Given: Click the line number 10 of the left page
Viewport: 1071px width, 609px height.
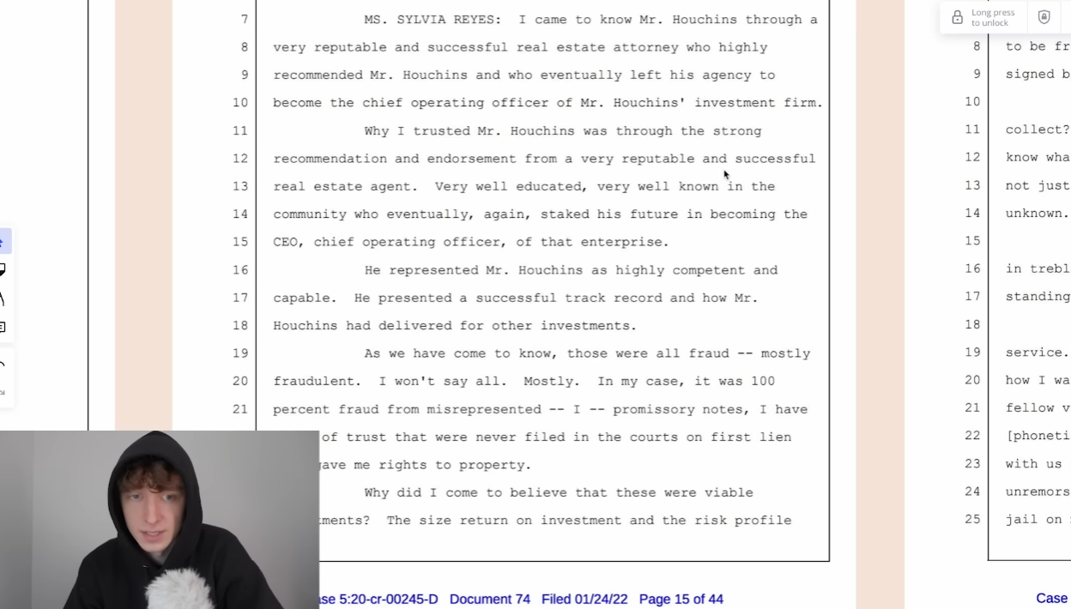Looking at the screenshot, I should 240,103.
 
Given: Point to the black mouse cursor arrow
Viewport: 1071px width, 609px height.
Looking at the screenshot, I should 726,175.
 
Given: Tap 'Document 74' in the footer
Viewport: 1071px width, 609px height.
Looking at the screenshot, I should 490,599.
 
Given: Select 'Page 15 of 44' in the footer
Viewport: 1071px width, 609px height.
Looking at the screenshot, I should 681,599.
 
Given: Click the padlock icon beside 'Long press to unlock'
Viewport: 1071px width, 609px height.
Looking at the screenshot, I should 957,17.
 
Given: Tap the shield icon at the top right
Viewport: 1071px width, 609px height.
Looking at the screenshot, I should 1044,17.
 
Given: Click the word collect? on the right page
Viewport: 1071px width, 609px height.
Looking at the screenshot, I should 1038,130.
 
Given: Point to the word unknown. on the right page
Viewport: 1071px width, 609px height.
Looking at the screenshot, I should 1037,213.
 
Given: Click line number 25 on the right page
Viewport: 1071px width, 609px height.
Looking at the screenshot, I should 971,519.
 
